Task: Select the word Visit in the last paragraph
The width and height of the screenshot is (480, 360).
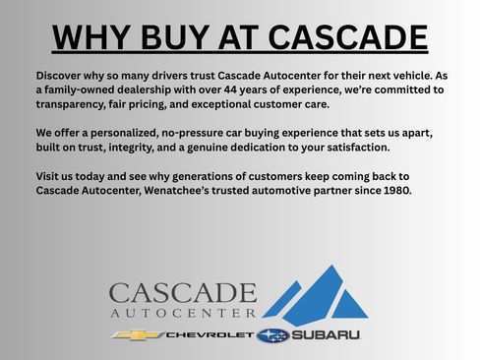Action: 50,177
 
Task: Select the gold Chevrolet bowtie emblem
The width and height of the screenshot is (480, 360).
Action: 132,336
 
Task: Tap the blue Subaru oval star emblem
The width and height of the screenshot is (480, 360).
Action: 272,336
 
